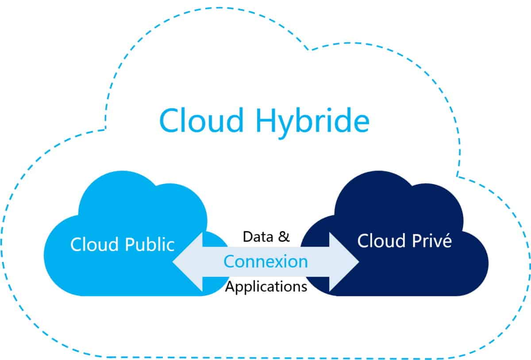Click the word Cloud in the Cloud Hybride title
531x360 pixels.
pos(202,120)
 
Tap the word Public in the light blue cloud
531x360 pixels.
pos(150,244)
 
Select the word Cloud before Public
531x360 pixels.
pos(94,244)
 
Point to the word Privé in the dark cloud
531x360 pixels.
pos(432,240)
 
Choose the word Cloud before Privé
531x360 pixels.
pos(381,241)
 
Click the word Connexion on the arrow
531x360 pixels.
pos(266,262)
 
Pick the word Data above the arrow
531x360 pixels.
pos(258,237)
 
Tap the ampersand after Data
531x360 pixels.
pos(284,237)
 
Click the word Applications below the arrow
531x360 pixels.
pos(266,287)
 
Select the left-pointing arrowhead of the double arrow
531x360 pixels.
pos(188,262)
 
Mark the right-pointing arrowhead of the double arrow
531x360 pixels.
pos(344,262)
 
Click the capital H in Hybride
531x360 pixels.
pos(266,120)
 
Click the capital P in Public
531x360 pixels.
pos(130,244)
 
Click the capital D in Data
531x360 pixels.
pos(248,237)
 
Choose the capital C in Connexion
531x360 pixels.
pos(229,262)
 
